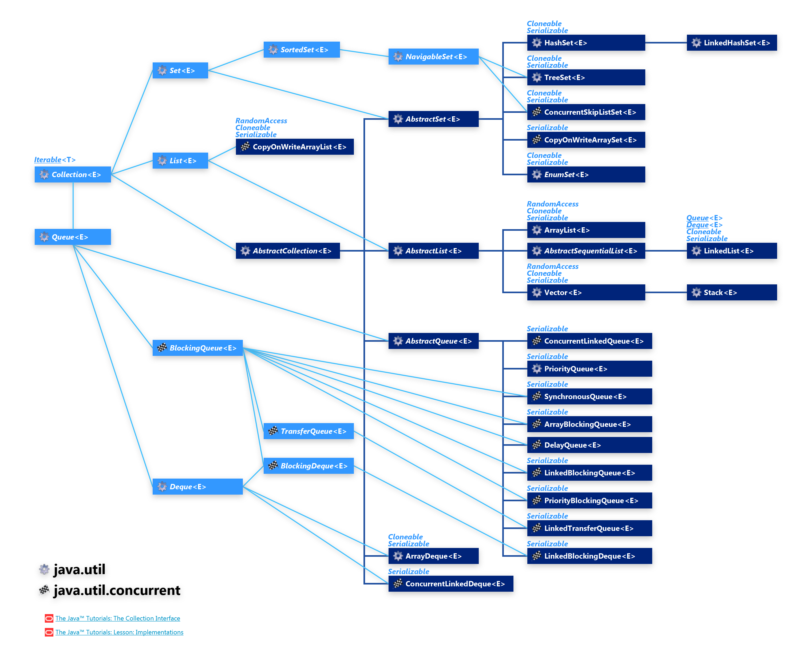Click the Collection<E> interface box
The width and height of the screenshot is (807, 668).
tap(73, 174)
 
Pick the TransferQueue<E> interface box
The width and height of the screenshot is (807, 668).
tap(308, 431)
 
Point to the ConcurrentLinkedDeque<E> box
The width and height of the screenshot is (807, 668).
tap(450, 583)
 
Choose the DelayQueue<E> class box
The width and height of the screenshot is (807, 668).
tap(589, 445)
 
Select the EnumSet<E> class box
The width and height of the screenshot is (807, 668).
tap(586, 174)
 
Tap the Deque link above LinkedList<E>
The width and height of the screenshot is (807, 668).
tap(697, 225)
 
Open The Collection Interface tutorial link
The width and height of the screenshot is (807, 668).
tap(118, 618)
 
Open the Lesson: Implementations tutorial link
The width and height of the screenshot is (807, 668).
tap(119, 632)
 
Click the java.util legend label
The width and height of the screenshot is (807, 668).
tap(79, 569)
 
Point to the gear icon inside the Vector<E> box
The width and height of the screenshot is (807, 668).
tap(536, 292)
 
